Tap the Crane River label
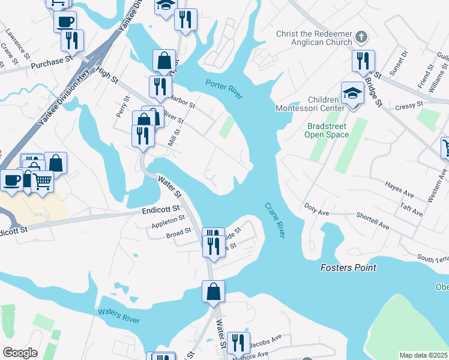[274, 220]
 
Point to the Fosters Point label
[348, 268]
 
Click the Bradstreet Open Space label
[328, 131]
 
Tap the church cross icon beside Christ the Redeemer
[361, 37]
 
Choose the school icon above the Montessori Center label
[353, 93]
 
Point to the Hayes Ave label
[400, 190]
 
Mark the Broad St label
[178, 232]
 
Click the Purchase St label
[51, 62]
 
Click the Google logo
[20, 353]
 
